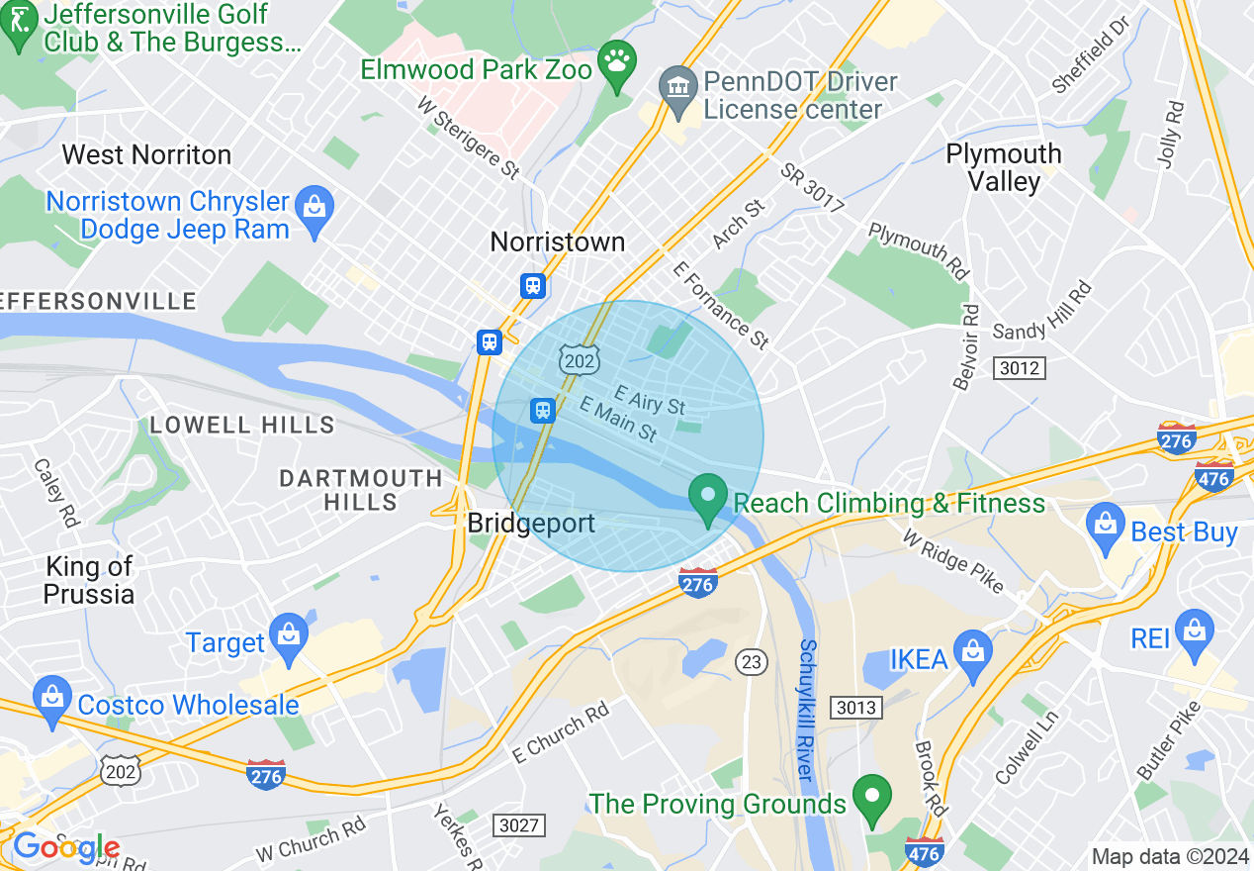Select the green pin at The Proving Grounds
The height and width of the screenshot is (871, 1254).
coord(871,799)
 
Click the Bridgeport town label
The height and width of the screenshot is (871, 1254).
coord(531,523)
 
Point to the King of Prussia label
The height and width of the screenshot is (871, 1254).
coord(89,580)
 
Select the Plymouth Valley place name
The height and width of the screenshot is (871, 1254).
coord(1004,167)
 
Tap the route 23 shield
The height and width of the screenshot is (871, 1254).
coord(753,662)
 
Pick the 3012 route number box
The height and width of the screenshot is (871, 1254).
coord(1020,368)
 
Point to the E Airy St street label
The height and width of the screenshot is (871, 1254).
coord(649,400)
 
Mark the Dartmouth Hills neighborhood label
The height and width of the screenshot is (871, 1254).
coord(361,490)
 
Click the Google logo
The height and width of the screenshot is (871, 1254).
coord(66,847)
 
